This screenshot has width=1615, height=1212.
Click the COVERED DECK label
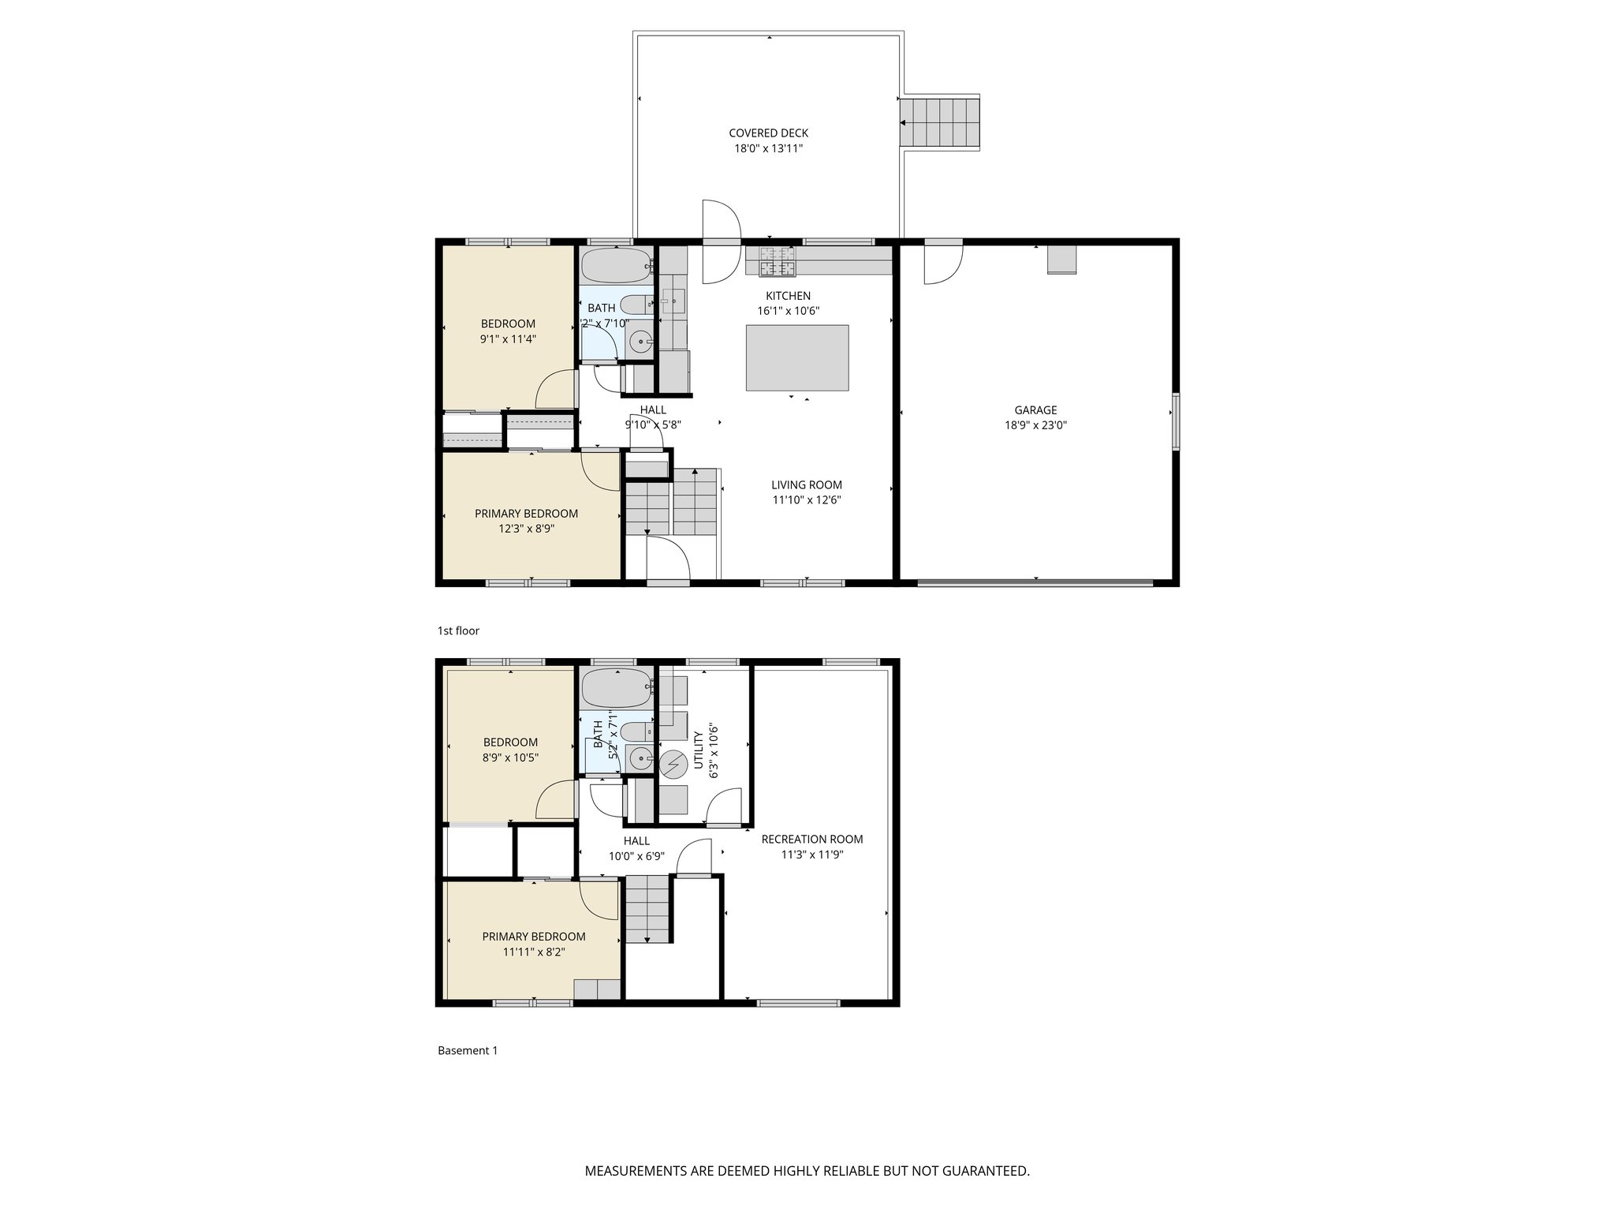tap(768, 133)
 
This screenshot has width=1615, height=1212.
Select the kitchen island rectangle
tap(797, 357)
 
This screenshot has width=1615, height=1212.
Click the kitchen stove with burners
tap(777, 262)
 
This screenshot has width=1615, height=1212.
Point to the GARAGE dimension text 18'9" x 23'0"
tap(1035, 425)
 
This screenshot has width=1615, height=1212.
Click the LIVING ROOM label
tap(806, 485)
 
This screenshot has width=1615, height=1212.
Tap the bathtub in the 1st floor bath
tap(617, 266)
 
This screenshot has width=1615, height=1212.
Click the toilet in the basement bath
tap(636, 731)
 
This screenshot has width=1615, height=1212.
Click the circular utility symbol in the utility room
tap(673, 763)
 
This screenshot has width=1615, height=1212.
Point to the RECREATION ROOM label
tap(811, 840)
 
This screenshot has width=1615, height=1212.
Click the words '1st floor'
tap(458, 631)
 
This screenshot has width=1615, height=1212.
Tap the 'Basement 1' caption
tap(468, 1051)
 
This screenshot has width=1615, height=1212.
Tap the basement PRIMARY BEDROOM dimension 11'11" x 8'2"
tap(534, 952)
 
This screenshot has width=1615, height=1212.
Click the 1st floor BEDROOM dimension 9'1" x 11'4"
tap(508, 339)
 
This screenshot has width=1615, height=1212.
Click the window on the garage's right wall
tap(1175, 421)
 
